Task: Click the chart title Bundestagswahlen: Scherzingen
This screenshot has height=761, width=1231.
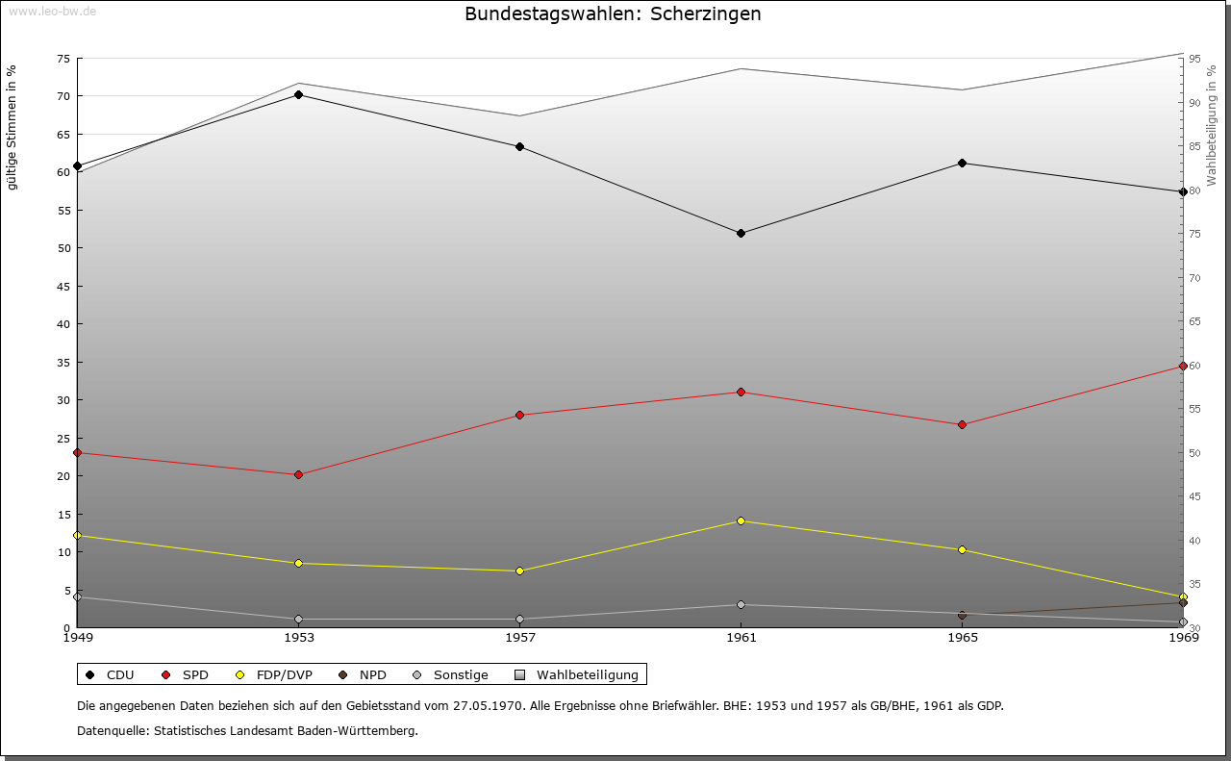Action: (613, 14)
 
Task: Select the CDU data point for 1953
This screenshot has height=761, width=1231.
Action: (299, 94)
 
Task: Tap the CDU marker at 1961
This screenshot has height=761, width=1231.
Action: (741, 233)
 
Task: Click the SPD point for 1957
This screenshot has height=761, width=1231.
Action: (519, 415)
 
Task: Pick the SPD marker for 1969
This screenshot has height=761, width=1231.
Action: (1183, 366)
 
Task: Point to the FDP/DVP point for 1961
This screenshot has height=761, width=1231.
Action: (741, 520)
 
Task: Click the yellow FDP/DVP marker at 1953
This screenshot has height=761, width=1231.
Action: (299, 563)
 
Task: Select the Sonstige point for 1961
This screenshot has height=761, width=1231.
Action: (741, 604)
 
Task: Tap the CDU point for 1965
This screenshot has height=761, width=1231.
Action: (962, 163)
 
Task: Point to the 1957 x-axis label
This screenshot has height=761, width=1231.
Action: (520, 637)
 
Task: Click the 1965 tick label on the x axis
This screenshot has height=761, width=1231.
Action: (963, 637)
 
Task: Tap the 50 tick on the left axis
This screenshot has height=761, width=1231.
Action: (63, 248)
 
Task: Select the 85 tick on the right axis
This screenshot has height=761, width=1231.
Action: (1193, 146)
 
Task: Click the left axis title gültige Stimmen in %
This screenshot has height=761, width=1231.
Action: (13, 127)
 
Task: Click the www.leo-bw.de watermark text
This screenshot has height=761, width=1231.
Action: (51, 11)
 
